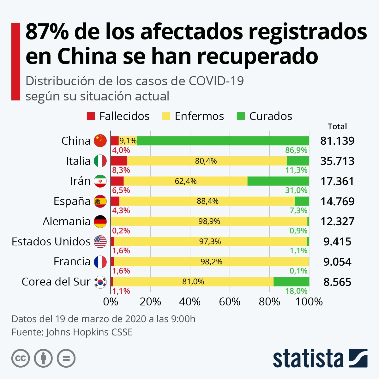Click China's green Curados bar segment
pos(223,141)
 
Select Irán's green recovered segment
pos(278,181)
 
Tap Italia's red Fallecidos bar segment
pos(119,161)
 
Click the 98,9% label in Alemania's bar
pos(209,221)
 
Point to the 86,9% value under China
pos(296,150)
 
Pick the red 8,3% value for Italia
pos(121,170)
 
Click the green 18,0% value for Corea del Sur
pos(296,291)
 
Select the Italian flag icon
pos(100,161)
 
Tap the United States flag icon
pos(100,242)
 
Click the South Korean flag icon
pos(100,282)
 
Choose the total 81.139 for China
pos(337,141)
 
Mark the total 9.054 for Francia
pos(337,262)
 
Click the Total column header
pos(337,127)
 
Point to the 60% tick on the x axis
pos(230,302)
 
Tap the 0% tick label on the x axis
pos(111,302)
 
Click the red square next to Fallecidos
pos(91,116)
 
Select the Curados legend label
pos(270,116)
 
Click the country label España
pos(72,201)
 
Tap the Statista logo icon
pos(358,358)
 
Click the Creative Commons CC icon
pos(21,358)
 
